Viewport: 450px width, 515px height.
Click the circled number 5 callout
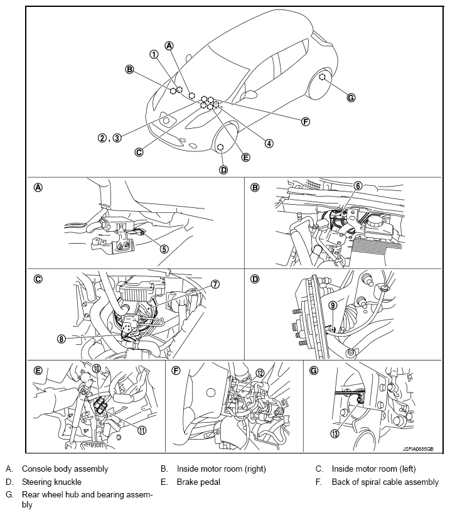(x=164, y=248)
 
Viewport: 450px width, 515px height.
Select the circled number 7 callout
(x=215, y=285)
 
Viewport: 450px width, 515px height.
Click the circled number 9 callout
(x=333, y=306)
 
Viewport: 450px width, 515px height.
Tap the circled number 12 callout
(x=259, y=373)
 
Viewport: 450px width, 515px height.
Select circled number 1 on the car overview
(x=154, y=54)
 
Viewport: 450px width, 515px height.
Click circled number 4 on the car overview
(x=269, y=143)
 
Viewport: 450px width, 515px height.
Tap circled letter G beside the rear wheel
(x=351, y=97)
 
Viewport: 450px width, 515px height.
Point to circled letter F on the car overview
(x=306, y=121)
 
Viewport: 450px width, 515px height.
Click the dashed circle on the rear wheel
(x=322, y=77)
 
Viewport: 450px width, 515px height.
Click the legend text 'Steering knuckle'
(x=51, y=482)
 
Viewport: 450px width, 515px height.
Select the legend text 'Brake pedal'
(x=200, y=482)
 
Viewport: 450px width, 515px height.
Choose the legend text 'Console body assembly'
(x=65, y=469)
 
